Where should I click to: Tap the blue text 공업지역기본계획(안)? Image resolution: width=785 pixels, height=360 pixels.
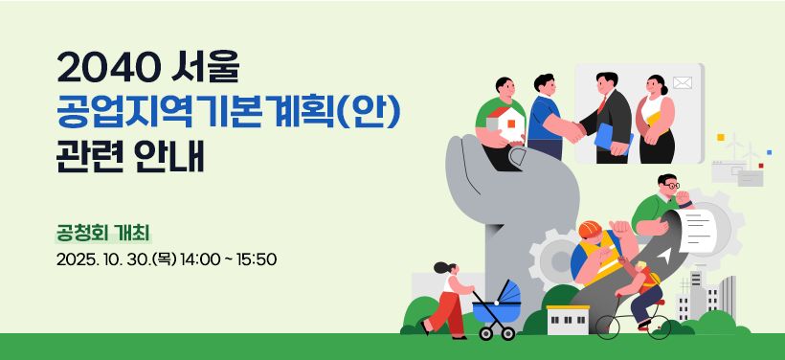(230, 115)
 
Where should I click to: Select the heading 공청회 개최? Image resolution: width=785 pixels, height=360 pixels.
(104, 234)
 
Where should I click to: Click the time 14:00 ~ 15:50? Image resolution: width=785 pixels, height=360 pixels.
(229, 259)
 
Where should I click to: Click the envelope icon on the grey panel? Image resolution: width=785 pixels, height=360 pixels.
(682, 82)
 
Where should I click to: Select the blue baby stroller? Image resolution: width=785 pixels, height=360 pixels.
(497, 310)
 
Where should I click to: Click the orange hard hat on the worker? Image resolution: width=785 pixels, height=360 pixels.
(590, 230)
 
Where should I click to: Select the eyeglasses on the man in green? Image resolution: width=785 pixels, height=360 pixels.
(671, 186)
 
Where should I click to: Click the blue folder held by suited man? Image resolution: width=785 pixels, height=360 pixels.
(613, 138)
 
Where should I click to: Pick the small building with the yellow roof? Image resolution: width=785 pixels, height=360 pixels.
(568, 320)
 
